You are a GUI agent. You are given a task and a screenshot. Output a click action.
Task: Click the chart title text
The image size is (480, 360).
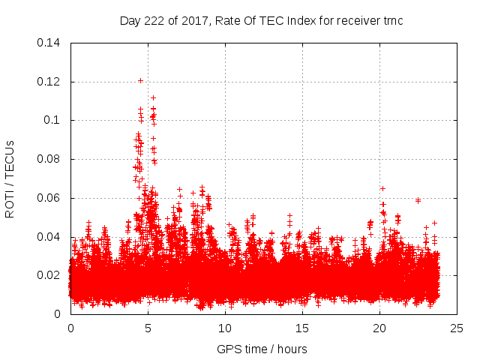[262, 20]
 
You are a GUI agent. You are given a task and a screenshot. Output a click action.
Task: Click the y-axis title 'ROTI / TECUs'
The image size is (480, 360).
[10, 178]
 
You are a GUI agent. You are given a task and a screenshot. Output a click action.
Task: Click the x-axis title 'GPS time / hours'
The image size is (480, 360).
[262, 349]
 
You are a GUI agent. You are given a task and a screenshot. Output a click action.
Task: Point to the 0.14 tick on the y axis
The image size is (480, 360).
[49, 42]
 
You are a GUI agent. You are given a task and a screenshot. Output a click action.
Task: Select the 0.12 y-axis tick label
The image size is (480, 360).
[49, 81]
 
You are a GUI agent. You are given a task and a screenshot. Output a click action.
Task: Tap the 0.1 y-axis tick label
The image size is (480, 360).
[52, 120]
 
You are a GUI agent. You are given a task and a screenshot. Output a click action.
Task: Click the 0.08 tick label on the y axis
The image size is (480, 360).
[49, 159]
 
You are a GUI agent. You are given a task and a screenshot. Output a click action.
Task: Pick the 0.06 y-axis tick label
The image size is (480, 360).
[49, 198]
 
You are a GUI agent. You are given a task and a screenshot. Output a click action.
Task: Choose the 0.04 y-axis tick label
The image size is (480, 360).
[49, 237]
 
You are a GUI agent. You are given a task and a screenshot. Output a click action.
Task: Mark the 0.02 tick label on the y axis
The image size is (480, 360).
[49, 275]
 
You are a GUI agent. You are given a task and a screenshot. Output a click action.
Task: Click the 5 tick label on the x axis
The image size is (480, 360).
[148, 328]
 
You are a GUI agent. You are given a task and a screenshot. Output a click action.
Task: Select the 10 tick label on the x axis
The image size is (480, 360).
[225, 328]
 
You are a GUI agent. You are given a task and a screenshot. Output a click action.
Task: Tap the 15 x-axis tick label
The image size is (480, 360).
[303, 328]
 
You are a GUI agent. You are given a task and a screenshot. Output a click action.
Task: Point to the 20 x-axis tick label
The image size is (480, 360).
[380, 328]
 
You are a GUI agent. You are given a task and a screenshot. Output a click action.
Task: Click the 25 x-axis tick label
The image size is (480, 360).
[457, 328]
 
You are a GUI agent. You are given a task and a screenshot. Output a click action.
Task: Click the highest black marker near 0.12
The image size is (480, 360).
[140, 80]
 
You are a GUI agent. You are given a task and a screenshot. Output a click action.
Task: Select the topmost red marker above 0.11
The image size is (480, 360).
[153, 97]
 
